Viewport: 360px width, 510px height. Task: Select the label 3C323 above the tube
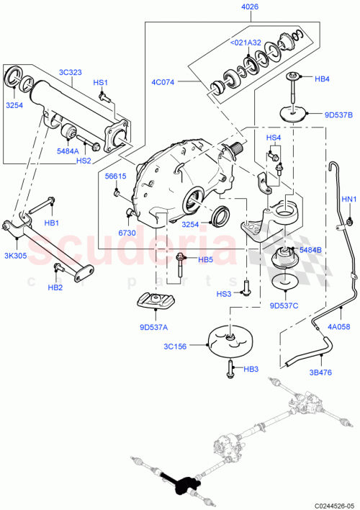[x=71, y=72]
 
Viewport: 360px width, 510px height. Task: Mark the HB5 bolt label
[x=206, y=259]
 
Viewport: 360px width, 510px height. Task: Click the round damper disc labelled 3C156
[x=228, y=340]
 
